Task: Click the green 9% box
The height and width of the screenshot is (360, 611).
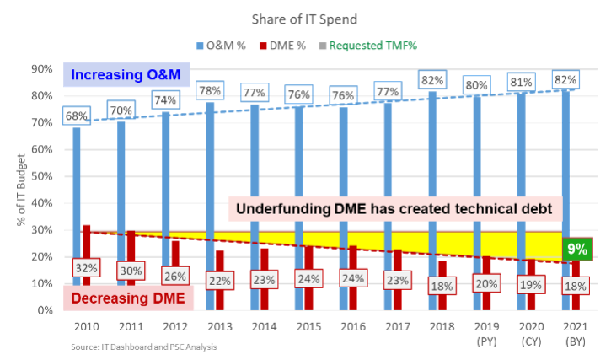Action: click(577, 250)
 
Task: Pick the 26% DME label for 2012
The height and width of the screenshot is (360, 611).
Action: click(176, 275)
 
